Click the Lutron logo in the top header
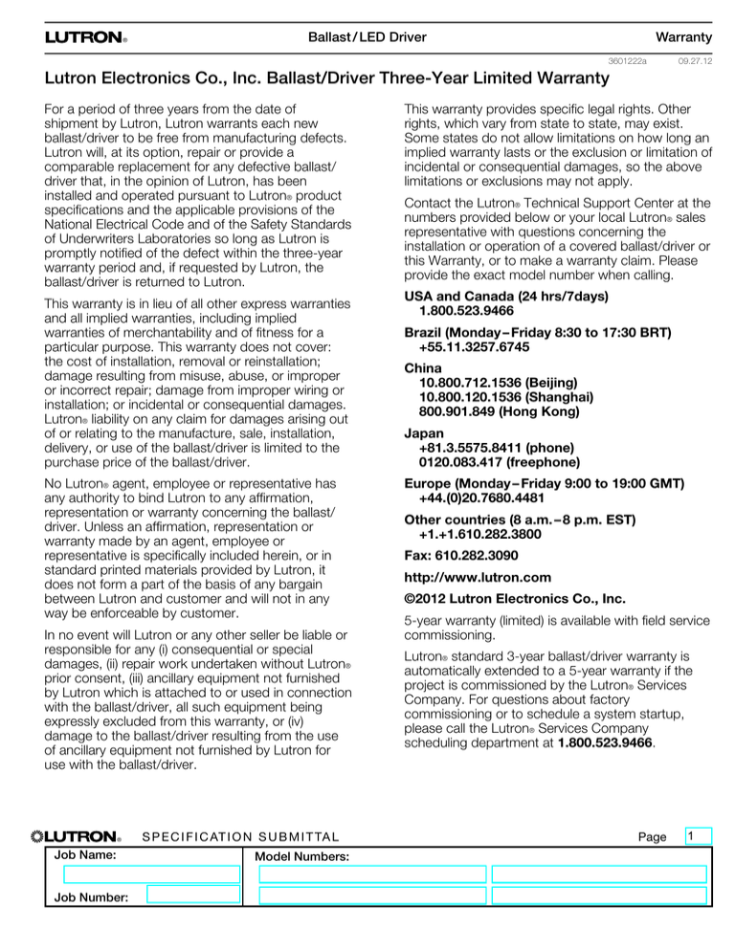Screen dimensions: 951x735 [84, 38]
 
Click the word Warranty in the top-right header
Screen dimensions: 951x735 [682, 37]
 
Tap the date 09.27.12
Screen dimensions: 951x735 [693, 60]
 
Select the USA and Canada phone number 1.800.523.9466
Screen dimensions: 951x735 [466, 312]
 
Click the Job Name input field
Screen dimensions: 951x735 [151, 874]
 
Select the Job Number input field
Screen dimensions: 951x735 [192, 896]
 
